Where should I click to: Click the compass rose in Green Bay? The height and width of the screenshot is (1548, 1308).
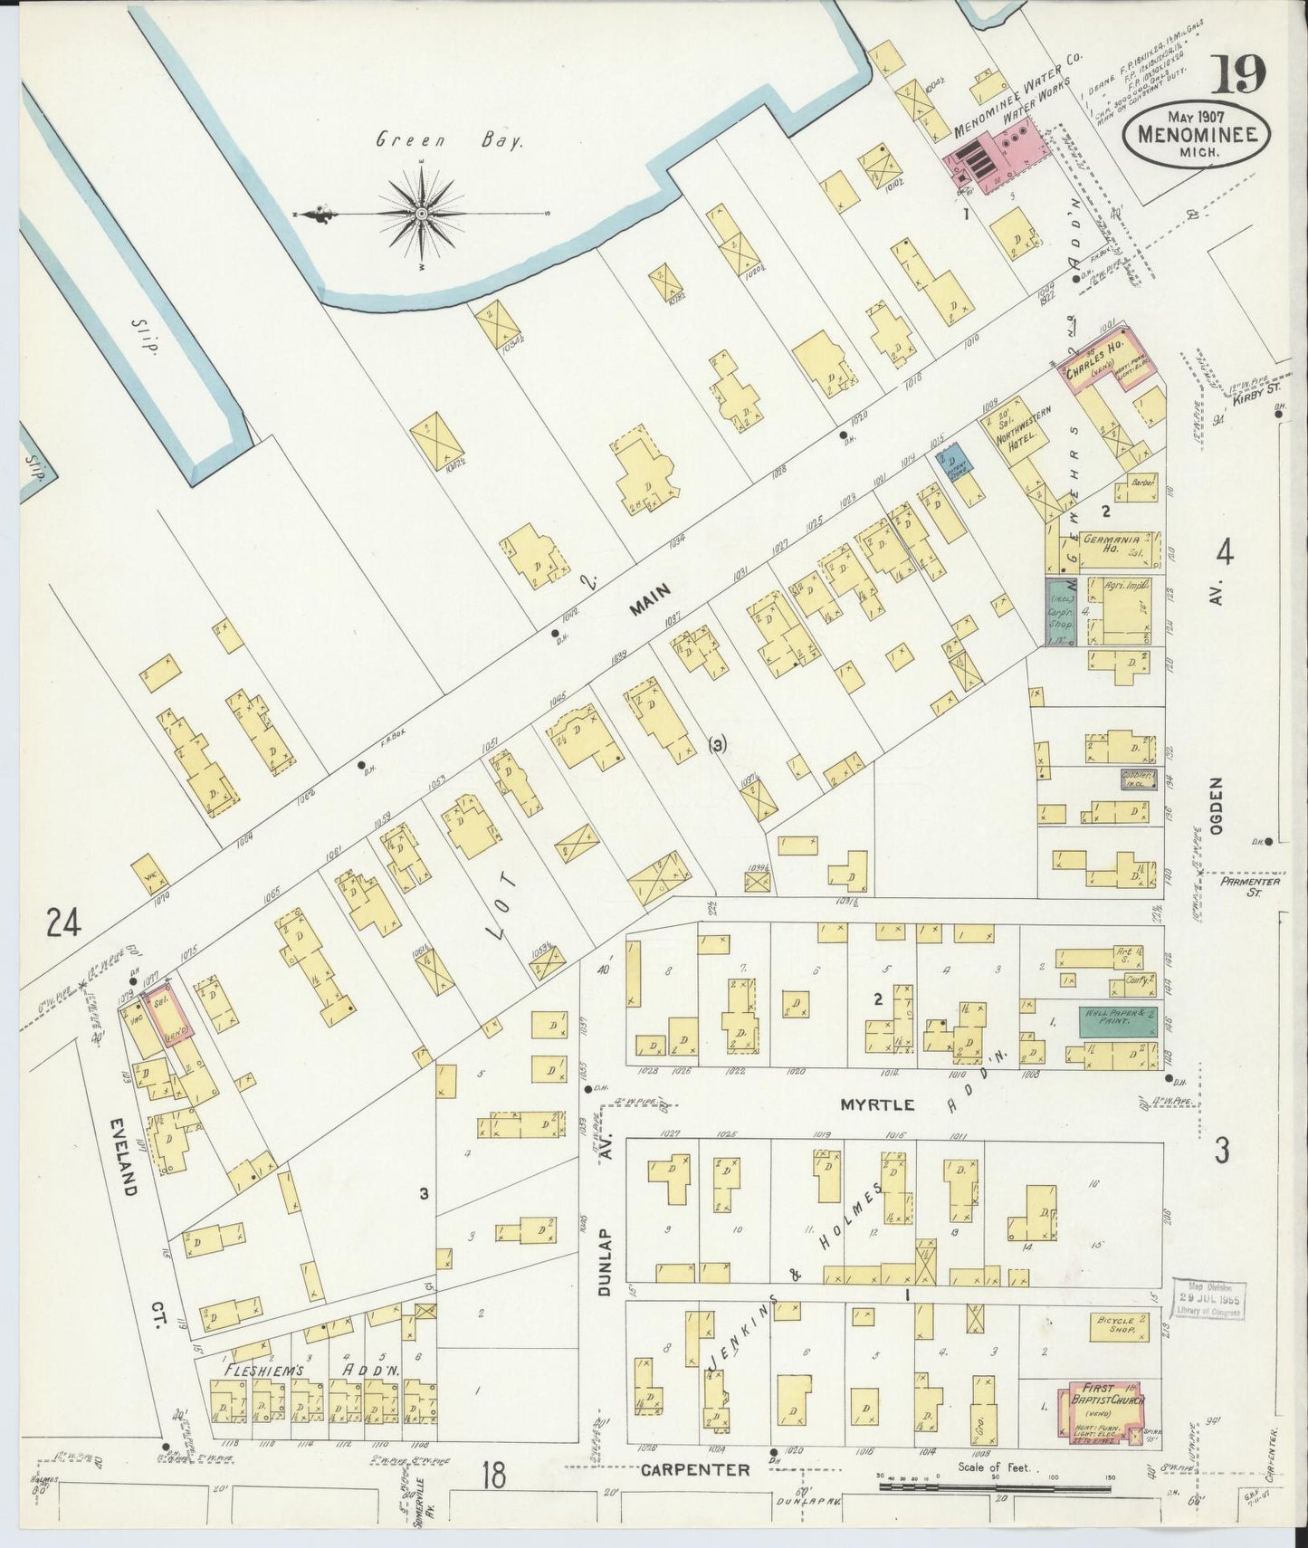(x=422, y=214)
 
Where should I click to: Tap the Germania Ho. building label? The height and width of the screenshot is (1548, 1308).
(x=1106, y=542)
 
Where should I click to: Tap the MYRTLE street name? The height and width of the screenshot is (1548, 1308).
(x=877, y=1104)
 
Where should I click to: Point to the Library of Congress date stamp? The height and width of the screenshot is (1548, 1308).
(x=1208, y=1301)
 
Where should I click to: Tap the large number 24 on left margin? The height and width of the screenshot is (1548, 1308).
(x=65, y=923)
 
